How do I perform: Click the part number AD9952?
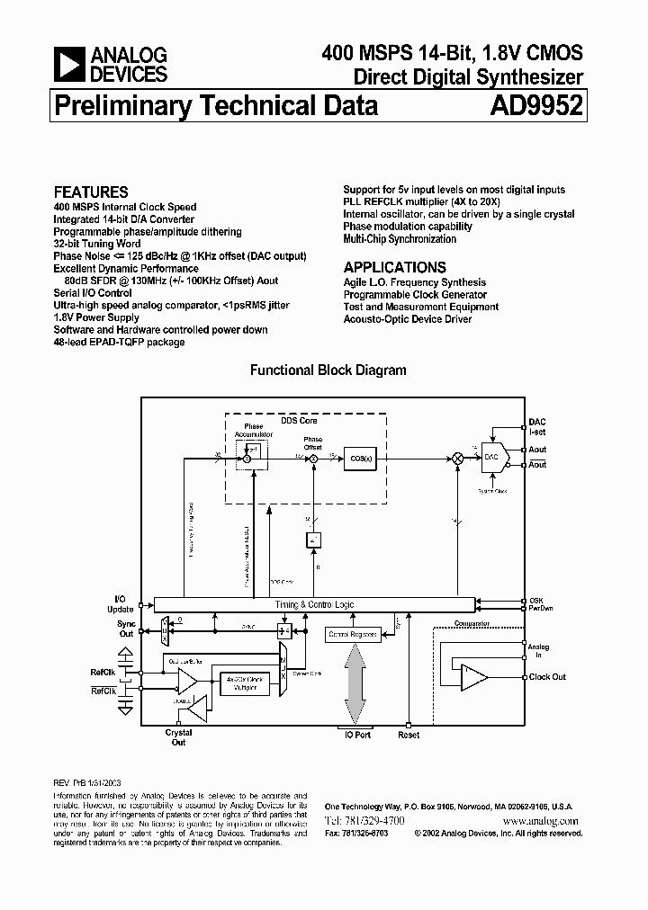click(x=536, y=107)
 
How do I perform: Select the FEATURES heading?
click(x=91, y=192)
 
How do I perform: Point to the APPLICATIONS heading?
click(x=394, y=267)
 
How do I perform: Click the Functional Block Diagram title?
click(x=328, y=370)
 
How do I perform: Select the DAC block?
click(x=492, y=457)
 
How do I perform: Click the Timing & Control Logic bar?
click(x=314, y=605)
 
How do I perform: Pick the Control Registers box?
click(x=352, y=635)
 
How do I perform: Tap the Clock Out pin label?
click(x=547, y=677)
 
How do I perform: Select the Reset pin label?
click(x=409, y=735)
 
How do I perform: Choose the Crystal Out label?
click(x=179, y=737)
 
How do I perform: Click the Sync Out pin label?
click(x=125, y=629)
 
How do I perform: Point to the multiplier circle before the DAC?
click(x=457, y=458)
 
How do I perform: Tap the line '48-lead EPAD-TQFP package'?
click(x=119, y=343)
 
